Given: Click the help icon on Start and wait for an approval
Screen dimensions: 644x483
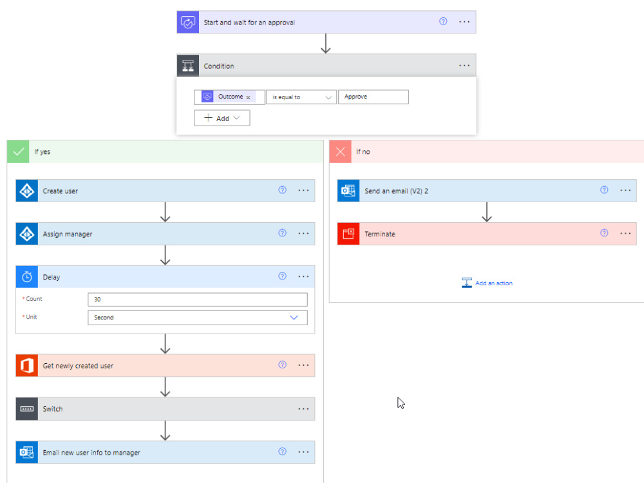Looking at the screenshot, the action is (443, 21).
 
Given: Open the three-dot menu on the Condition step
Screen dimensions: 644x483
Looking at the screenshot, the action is (464, 65).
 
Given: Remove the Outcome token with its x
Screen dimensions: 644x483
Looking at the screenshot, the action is (248, 97).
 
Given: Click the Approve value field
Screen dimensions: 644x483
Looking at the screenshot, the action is (373, 97).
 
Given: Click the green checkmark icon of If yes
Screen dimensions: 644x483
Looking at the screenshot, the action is (18, 151).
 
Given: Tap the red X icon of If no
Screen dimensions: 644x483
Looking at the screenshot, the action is (340, 151).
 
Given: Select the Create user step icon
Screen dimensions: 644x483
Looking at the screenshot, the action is (26, 191).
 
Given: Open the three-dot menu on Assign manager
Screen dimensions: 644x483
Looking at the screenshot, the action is (303, 233).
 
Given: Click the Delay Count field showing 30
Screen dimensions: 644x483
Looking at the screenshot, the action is (198, 299).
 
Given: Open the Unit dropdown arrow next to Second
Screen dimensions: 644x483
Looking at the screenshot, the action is (294, 317).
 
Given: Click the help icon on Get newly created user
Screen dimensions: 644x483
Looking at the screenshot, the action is (282, 365).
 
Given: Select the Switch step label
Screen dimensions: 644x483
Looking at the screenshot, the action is (53, 409).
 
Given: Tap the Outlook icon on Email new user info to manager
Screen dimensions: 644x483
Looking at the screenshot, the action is (26, 452).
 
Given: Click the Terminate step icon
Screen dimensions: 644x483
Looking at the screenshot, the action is (348, 234).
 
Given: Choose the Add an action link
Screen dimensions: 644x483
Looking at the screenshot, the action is (487, 283).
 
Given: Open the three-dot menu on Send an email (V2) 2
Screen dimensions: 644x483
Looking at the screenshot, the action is (625, 190).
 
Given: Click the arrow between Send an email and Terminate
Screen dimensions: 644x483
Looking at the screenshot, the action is (487, 212).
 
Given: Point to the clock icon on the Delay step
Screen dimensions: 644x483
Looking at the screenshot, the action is (26, 277).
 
